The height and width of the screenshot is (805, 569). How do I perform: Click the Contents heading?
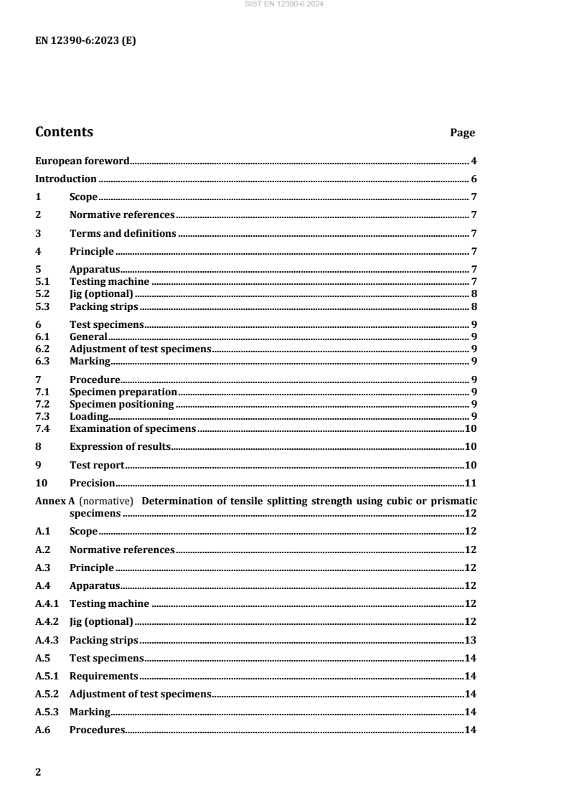click(64, 132)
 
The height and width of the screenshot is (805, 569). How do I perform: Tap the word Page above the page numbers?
click(462, 133)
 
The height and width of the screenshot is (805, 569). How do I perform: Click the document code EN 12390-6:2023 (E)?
click(85, 41)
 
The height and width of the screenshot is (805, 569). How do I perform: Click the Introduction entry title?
click(66, 179)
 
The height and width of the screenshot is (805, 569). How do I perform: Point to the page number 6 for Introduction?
click(474, 179)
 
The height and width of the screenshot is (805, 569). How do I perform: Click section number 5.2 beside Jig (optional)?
click(43, 293)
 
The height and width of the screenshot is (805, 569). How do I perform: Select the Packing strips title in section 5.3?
click(103, 306)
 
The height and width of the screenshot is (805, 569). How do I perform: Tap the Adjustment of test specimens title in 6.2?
click(140, 348)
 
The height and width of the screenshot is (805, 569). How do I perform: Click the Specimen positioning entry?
click(121, 404)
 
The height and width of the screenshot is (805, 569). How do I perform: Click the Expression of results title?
click(120, 446)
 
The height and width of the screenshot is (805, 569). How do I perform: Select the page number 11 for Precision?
click(471, 483)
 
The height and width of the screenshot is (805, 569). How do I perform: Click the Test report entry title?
click(97, 465)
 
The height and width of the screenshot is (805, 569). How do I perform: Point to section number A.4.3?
click(47, 640)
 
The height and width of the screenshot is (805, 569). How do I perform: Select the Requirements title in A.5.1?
click(103, 676)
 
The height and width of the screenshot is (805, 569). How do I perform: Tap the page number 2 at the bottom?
click(39, 773)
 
